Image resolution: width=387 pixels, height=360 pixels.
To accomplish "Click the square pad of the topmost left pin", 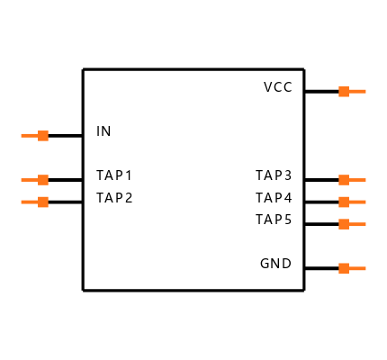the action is pos(43,136).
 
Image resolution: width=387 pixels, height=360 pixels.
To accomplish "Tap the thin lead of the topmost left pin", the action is pos(30,136).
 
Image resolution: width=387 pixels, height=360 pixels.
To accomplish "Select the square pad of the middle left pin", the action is pos(43,180).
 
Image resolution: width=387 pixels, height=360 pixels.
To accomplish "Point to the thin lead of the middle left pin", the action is pos(30,180).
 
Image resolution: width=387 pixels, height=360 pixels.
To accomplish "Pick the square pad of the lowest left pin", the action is pos(43,202).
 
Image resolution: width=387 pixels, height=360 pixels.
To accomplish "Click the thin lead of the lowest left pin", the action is pos(30,202).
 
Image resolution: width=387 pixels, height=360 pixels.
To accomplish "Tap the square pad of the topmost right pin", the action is pos(344,91).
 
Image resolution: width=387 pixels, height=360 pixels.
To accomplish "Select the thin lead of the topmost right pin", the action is pos(357,91).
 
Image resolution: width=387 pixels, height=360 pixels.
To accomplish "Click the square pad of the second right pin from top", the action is pos(344,180).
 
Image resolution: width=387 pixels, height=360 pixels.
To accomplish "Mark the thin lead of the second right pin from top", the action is pos(357,180).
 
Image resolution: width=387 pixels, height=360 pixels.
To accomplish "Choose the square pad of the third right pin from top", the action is pos(344,202).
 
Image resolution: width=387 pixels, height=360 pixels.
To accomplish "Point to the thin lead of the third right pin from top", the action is pos(357,202).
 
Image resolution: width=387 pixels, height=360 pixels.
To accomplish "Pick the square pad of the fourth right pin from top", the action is pos(344,224).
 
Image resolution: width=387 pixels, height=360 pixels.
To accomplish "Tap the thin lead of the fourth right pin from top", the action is pos(357,224).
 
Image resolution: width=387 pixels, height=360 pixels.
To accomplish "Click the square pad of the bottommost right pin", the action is pos(344,268).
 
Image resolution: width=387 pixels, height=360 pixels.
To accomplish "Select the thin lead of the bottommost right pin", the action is pos(357,268).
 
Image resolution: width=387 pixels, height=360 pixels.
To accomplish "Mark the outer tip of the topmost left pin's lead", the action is pos(22,136).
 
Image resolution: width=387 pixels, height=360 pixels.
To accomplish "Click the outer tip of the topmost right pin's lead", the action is pos(365,91).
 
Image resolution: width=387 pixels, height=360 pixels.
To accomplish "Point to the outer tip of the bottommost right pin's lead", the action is pos(365,268).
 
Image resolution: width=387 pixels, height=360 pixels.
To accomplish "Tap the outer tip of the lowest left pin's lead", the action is pos(22,202).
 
